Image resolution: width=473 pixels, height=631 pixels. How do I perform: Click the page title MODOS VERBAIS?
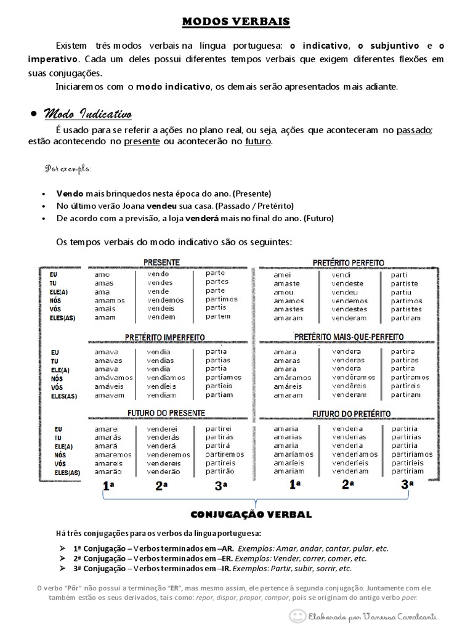click(x=236, y=22)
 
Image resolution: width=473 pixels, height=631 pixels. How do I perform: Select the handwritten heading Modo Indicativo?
click(x=86, y=114)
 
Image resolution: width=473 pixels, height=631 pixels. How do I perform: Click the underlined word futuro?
click(x=257, y=141)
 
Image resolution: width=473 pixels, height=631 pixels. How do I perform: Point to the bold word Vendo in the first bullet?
click(x=69, y=193)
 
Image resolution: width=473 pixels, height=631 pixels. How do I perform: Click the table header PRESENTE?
click(x=161, y=262)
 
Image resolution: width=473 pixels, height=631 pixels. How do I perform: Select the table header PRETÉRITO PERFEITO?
click(x=348, y=263)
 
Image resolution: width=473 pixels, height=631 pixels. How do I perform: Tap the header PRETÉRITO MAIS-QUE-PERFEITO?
click(x=349, y=337)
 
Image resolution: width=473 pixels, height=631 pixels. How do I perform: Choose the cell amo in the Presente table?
click(x=102, y=274)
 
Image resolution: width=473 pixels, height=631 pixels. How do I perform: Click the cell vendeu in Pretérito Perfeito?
click(x=344, y=292)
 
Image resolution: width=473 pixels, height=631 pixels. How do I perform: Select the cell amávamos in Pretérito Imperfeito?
click(x=113, y=378)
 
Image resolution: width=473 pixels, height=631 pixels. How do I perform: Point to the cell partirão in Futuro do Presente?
click(x=220, y=471)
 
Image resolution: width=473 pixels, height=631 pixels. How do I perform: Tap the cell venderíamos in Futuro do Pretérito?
click(x=354, y=454)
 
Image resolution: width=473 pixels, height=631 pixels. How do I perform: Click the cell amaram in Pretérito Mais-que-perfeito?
click(x=288, y=395)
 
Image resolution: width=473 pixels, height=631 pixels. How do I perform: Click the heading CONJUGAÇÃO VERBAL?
click(x=251, y=514)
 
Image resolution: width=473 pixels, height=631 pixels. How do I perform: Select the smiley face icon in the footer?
click(x=298, y=616)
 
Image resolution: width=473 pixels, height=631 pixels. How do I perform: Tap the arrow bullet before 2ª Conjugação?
click(x=63, y=558)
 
